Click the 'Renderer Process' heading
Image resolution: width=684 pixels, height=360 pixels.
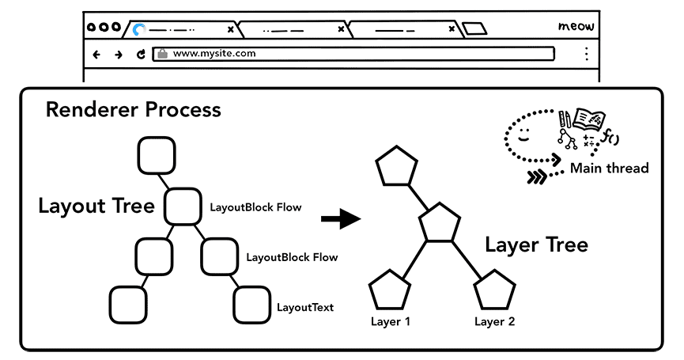133,109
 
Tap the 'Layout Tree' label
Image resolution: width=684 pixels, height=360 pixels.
96,207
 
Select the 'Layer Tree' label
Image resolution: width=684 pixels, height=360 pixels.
536,244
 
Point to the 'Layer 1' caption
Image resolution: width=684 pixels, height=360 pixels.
391,321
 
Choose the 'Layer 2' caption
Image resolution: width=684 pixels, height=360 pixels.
494,321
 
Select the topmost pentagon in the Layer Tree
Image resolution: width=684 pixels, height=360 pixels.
395,167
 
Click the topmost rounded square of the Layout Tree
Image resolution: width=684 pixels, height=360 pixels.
156,155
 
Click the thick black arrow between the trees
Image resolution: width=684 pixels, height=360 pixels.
340,218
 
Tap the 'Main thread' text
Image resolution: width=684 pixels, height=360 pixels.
609,168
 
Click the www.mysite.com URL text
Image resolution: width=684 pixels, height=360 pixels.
214,54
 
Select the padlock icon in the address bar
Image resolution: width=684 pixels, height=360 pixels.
162,54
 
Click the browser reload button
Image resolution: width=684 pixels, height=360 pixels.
141,55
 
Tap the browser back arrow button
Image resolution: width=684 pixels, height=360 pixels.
96,55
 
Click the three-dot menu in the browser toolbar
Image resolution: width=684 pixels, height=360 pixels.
586,54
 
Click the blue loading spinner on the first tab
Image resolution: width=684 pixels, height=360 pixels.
140,30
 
